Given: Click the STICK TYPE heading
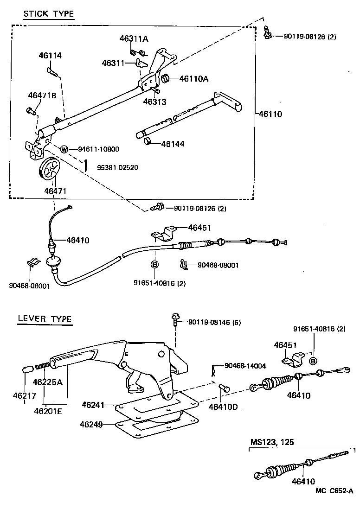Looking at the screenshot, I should [49, 14].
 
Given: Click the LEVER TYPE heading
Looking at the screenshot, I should [45, 319].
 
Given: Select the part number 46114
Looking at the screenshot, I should [50, 56].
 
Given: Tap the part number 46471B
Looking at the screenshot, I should [42, 96].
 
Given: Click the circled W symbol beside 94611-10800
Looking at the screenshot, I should [64, 149].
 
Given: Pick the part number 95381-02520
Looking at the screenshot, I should [117, 167].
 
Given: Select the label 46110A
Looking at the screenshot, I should [193, 79].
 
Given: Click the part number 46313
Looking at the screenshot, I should [154, 102].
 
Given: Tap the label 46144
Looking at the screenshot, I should [173, 144].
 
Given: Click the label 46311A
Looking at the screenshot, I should [134, 39].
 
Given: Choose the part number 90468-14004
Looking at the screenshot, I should [245, 366].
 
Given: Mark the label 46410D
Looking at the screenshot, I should [223, 407].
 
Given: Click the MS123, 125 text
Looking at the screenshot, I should [272, 442].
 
